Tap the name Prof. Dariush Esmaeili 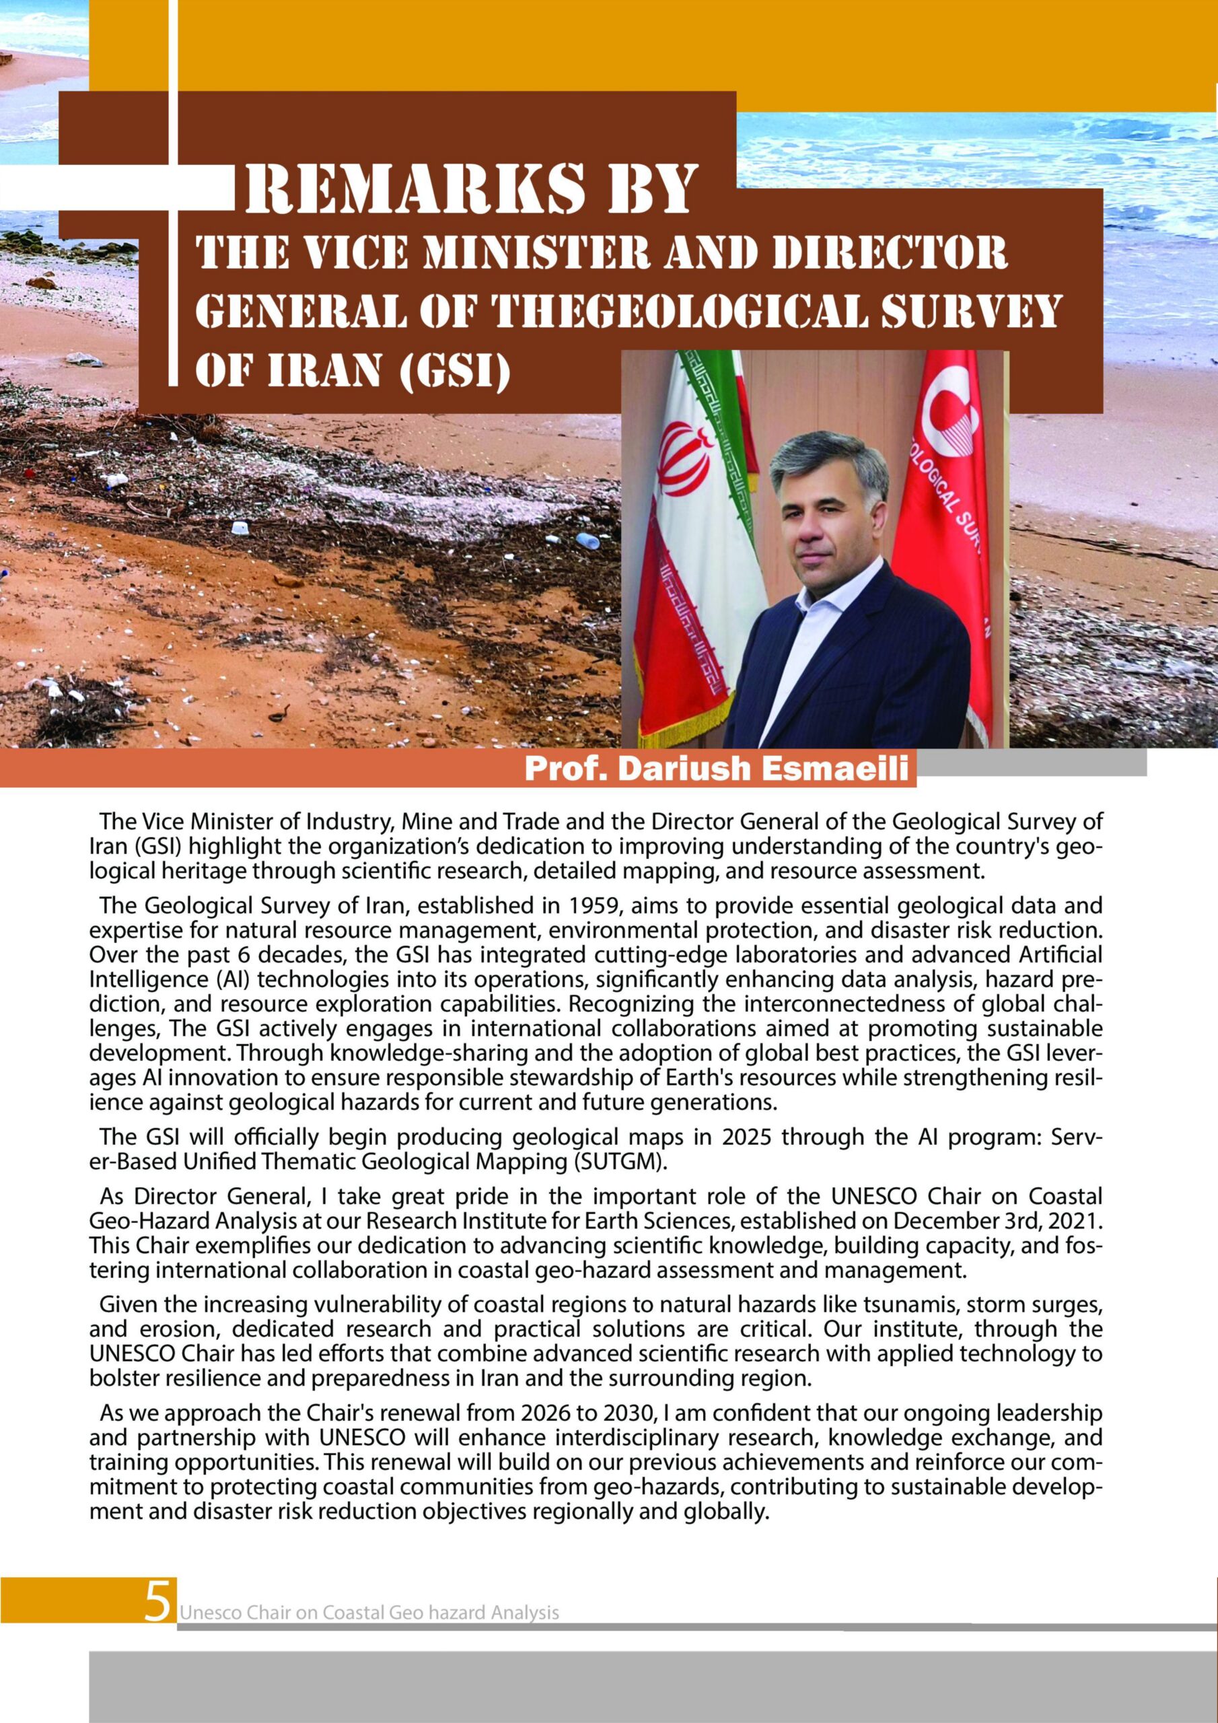(717, 769)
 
